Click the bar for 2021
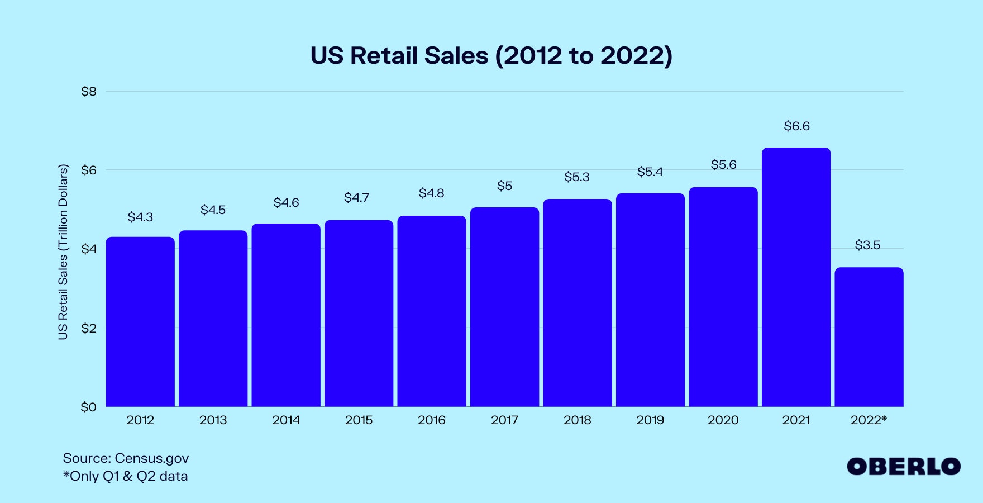796,277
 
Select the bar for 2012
140,322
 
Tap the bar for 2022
869,337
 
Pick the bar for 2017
504,307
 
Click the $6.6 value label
796,126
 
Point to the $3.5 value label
867,245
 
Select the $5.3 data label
577,177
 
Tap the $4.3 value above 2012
140,217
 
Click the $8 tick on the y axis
89,92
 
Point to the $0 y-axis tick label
89,407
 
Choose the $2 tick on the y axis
89,328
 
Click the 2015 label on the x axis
359,420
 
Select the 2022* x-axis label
869,420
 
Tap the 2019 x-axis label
650,420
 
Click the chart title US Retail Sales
491,56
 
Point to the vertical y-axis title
63,251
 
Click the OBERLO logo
903,467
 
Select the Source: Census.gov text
126,458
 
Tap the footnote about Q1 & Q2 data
126,476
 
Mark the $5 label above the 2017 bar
504,186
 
